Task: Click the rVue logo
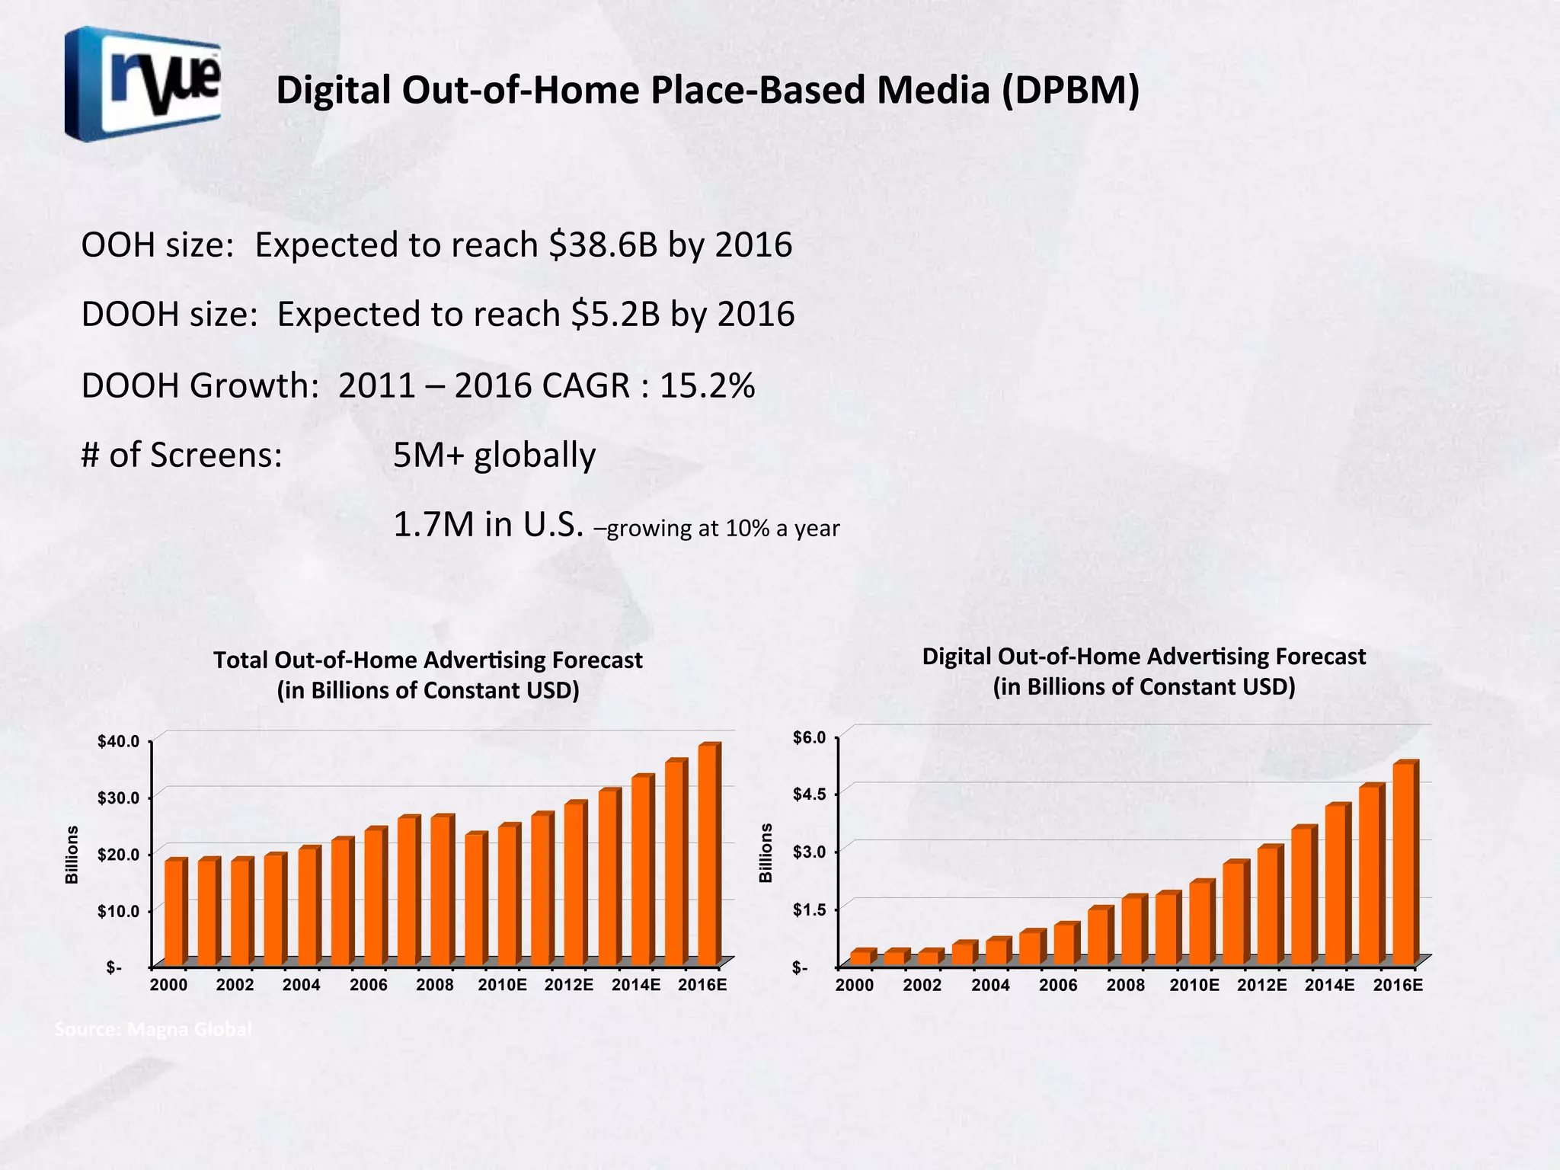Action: point(143,84)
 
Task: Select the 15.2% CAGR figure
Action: point(707,385)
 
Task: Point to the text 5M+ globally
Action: point(494,456)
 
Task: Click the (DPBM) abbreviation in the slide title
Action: point(1070,90)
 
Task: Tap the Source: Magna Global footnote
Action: point(153,1030)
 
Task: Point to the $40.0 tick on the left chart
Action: point(118,741)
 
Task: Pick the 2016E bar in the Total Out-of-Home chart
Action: point(708,857)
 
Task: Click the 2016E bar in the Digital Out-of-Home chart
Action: point(1403,865)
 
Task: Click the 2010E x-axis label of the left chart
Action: point(502,985)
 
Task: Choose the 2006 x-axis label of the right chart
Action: point(1058,985)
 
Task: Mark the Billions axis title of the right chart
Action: point(766,853)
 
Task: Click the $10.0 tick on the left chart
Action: point(118,911)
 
